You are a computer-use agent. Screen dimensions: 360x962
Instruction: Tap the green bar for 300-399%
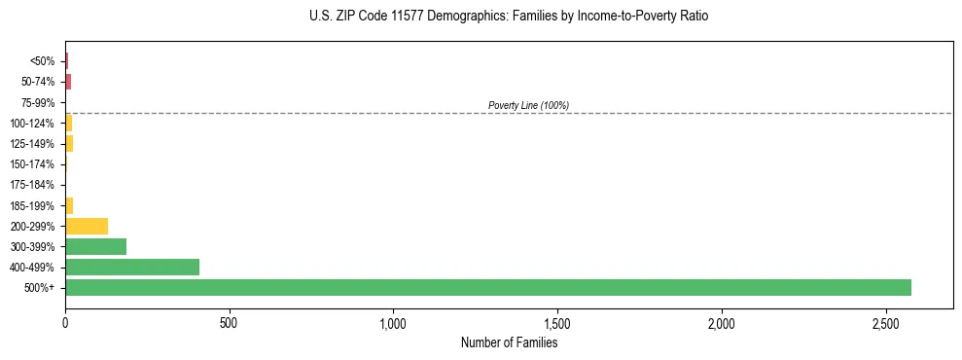click(x=95, y=246)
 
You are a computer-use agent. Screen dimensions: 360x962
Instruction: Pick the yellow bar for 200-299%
click(x=87, y=226)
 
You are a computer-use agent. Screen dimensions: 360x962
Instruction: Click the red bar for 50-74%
click(x=68, y=82)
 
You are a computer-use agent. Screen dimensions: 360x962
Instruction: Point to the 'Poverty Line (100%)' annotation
click(x=528, y=105)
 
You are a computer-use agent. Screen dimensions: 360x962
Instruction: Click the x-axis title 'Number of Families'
click(x=509, y=342)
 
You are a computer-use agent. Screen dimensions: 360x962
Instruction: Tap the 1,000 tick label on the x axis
click(x=393, y=322)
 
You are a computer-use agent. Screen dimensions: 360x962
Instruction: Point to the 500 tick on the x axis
click(x=230, y=322)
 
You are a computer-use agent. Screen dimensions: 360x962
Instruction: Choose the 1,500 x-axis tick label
click(x=557, y=322)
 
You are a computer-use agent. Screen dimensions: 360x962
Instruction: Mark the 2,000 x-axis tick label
click(x=722, y=322)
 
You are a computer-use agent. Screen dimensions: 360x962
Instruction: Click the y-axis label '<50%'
click(x=43, y=61)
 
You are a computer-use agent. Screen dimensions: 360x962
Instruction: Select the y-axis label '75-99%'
click(x=39, y=102)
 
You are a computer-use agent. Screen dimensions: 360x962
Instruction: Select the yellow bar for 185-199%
click(x=69, y=205)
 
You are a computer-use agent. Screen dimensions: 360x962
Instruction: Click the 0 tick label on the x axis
click(x=65, y=322)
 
